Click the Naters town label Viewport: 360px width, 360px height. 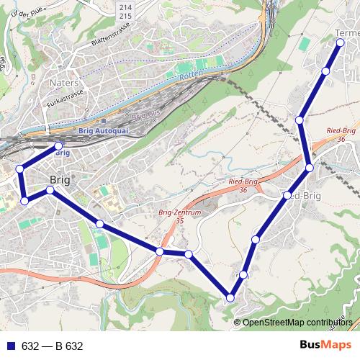pos(64,83)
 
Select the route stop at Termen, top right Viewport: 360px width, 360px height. pos(341,43)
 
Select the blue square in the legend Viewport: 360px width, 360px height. pos(11,346)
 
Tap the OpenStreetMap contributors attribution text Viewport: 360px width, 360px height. pos(297,322)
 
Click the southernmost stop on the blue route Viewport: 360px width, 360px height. pos(230,297)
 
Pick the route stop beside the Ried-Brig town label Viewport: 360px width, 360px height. pos(287,195)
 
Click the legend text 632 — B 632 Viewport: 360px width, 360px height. pos(53,346)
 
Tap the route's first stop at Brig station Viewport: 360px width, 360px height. pos(59,146)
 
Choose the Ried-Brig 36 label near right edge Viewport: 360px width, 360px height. pos(343,134)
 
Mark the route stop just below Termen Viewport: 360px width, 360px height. pos(326,71)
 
